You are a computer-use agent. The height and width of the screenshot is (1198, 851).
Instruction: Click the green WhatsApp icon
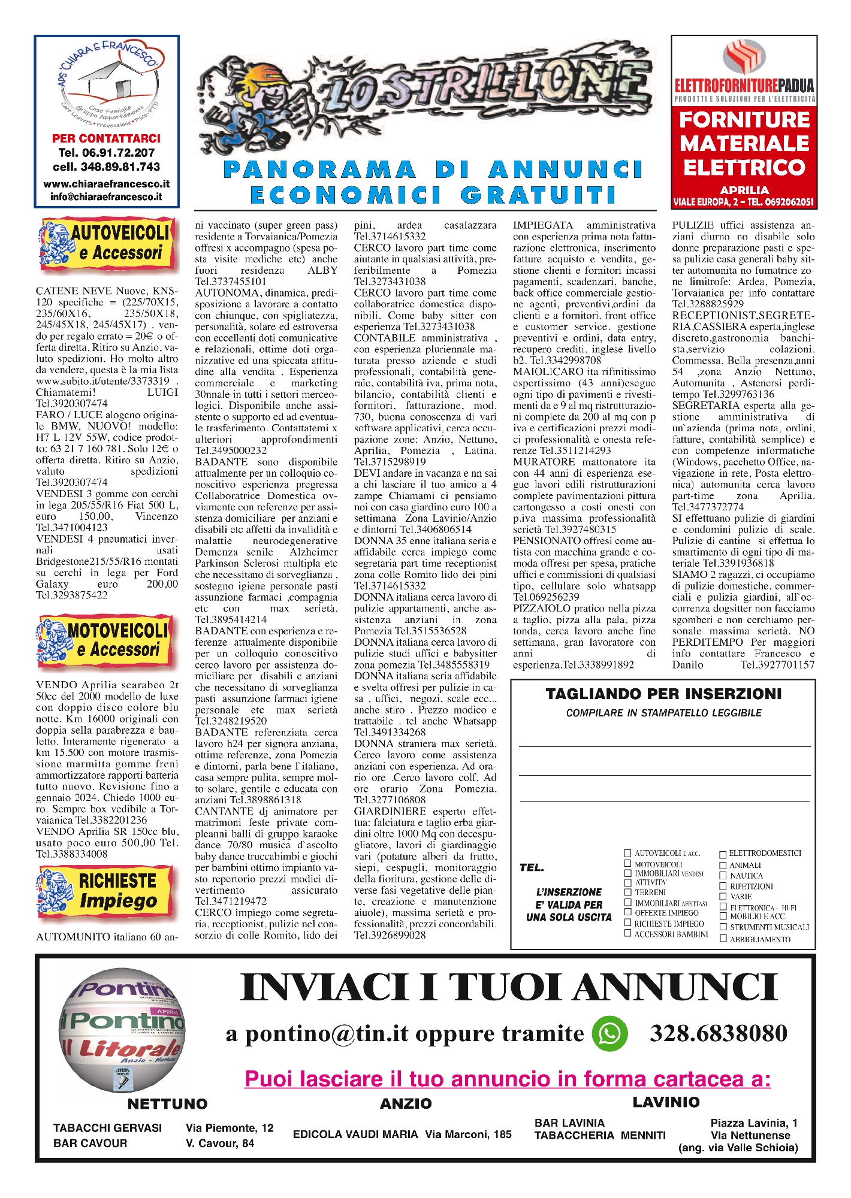(x=609, y=1033)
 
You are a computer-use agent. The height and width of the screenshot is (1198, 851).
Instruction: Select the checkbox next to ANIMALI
(x=723, y=865)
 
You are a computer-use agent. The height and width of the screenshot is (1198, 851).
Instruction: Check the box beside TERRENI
(x=628, y=892)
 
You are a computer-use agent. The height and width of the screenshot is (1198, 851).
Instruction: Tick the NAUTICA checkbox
(x=723, y=875)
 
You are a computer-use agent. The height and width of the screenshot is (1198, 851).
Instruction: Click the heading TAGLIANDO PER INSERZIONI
(x=663, y=694)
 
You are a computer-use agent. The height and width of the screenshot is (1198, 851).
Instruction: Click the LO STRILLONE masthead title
(x=425, y=93)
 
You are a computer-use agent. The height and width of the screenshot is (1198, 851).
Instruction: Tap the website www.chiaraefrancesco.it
(x=106, y=184)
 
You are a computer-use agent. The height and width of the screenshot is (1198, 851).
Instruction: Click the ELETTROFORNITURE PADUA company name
(x=744, y=85)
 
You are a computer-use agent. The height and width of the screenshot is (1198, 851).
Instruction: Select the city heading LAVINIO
(x=666, y=1102)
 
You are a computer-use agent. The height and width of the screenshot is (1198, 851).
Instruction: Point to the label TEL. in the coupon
(x=532, y=867)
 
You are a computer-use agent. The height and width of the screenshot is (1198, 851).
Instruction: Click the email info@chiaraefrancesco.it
(x=106, y=196)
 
